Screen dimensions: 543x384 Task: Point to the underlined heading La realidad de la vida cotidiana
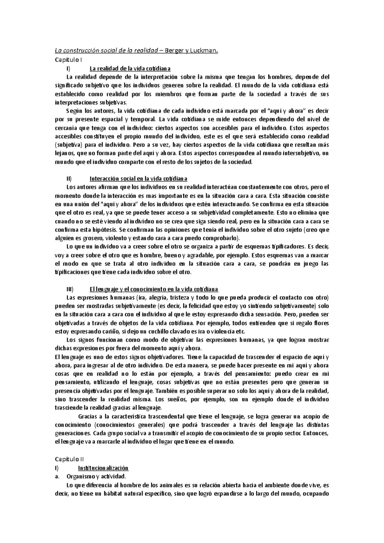[130, 68]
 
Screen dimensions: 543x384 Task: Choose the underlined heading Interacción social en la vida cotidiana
[138, 178]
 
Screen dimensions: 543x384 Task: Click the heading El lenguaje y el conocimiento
[154, 289]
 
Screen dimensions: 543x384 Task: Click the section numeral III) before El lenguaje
[70, 289]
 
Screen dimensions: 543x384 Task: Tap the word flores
[321, 323]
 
